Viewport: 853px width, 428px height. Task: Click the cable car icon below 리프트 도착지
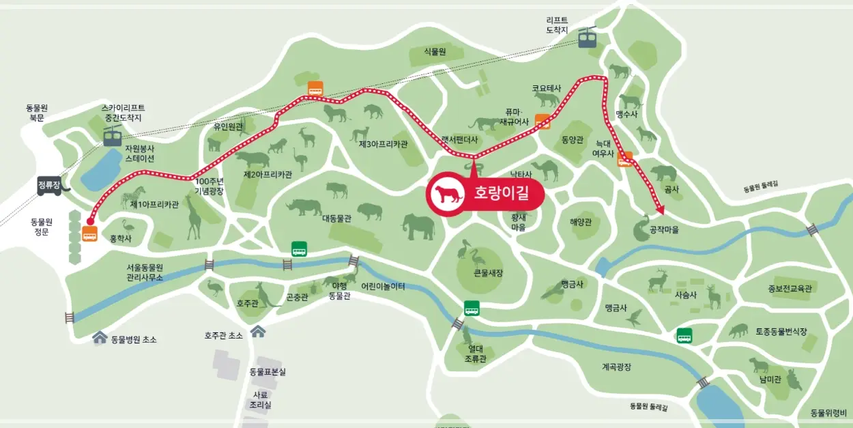pyautogui.click(x=587, y=38)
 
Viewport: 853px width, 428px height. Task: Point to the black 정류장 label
pyautogui.click(x=49, y=184)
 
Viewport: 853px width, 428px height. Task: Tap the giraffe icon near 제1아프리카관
pyautogui.click(x=194, y=216)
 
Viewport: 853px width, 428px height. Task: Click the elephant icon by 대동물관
pyautogui.click(x=418, y=226)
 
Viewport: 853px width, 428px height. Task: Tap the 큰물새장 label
pyautogui.click(x=488, y=273)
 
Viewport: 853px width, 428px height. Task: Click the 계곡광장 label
pyautogui.click(x=616, y=367)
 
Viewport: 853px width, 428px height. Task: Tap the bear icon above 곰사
pyautogui.click(x=663, y=173)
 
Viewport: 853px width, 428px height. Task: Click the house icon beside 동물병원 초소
pyautogui.click(x=100, y=338)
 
